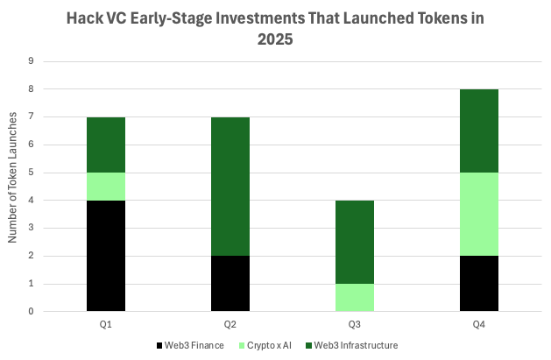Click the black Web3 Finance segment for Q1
pos(106,256)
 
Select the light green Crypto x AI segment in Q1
pos(106,187)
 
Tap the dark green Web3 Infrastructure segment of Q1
pos(106,145)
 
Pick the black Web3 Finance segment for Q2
pos(230,284)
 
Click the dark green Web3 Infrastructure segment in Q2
pos(230,187)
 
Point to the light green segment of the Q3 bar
pos(355,298)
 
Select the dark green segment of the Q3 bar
pos(355,242)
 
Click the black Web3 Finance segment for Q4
pos(479,284)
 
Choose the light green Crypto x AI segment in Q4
pos(479,214)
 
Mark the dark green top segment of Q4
pos(479,131)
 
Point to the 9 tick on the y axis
pos(32,61)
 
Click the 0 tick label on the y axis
pos(32,312)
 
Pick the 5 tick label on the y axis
pos(32,173)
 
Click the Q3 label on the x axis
pos(355,325)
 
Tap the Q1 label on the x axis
pos(106,325)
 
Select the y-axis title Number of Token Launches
pos(11,187)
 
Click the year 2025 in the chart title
pos(276,39)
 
